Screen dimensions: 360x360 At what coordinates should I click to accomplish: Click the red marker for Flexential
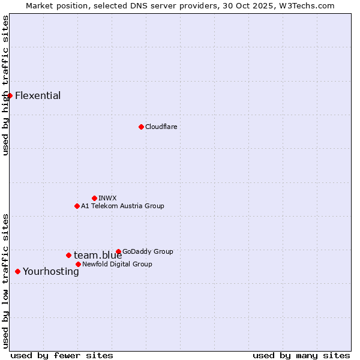point(10,95)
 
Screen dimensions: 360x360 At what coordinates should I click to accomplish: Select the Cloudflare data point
point(141,127)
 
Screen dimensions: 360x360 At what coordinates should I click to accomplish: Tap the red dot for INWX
point(94,198)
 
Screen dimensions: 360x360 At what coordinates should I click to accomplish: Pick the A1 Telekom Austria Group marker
point(77,206)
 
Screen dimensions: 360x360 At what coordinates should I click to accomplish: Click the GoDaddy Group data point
point(118,251)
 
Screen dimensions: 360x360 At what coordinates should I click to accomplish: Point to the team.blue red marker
point(68,255)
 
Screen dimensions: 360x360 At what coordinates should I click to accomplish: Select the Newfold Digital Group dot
point(78,264)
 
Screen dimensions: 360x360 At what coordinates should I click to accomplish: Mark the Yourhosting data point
point(17,271)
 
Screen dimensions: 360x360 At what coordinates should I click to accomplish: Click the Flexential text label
point(38,96)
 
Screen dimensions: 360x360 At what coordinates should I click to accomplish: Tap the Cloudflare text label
point(161,127)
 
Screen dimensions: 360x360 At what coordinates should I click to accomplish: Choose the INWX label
point(107,198)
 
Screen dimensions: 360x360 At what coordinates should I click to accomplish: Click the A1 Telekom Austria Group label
point(122,206)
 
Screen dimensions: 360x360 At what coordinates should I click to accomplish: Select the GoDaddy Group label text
point(148,251)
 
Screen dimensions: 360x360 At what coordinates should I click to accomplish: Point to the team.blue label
point(98,256)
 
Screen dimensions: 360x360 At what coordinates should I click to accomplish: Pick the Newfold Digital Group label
point(117,264)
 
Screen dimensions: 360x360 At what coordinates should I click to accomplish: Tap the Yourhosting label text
point(51,272)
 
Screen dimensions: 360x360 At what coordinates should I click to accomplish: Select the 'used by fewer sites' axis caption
point(62,355)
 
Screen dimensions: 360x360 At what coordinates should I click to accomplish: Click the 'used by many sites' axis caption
point(301,355)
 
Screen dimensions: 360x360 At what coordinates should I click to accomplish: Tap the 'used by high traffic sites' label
point(6,85)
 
